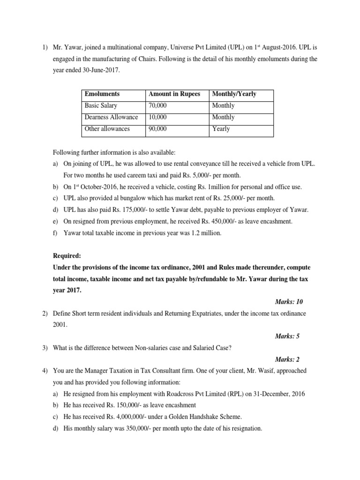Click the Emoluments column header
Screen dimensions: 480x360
[x=102, y=94]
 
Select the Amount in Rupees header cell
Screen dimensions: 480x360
[x=174, y=94]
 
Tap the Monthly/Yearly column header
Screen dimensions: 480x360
[x=234, y=94]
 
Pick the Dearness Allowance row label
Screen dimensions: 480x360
[x=111, y=117]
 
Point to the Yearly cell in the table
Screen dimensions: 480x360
[x=221, y=128]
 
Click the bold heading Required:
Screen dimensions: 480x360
[x=67, y=256]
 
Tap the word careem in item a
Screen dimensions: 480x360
[x=130, y=175]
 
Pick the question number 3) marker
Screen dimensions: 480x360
[x=45, y=347]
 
